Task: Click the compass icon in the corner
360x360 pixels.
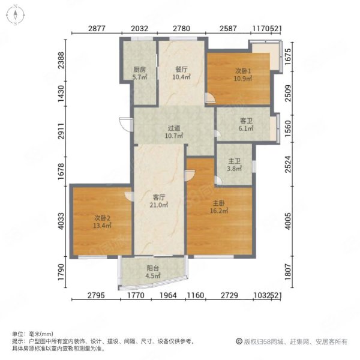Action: pyautogui.click(x=16, y=15)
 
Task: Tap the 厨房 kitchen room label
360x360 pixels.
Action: pyautogui.click(x=140, y=70)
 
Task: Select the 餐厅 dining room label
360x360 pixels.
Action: pyautogui.click(x=181, y=69)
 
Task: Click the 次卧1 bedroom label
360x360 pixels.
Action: pyautogui.click(x=243, y=71)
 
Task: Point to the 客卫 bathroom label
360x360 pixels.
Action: pyautogui.click(x=246, y=121)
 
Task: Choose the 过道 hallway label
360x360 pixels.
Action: pyautogui.click(x=174, y=128)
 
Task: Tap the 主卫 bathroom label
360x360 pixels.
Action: pyautogui.click(x=234, y=161)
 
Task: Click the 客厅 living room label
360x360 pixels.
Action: pyautogui.click(x=159, y=197)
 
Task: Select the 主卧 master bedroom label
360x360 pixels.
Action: pyautogui.click(x=219, y=203)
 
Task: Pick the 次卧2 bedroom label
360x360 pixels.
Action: pyautogui.click(x=103, y=218)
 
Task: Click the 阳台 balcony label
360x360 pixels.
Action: pyautogui.click(x=152, y=268)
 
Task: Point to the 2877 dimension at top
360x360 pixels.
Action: pyautogui.click(x=97, y=28)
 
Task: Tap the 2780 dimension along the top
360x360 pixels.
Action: pyautogui.click(x=181, y=28)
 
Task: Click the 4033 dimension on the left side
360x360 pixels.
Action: pyautogui.click(x=61, y=221)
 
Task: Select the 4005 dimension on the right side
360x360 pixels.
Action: pyautogui.click(x=288, y=221)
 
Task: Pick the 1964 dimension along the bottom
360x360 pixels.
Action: pyautogui.click(x=168, y=295)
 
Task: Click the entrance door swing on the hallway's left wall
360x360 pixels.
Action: pyautogui.click(x=126, y=124)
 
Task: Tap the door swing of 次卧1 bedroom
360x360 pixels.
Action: pyautogui.click(x=210, y=98)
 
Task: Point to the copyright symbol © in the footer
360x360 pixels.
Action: pyautogui.click(x=239, y=341)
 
